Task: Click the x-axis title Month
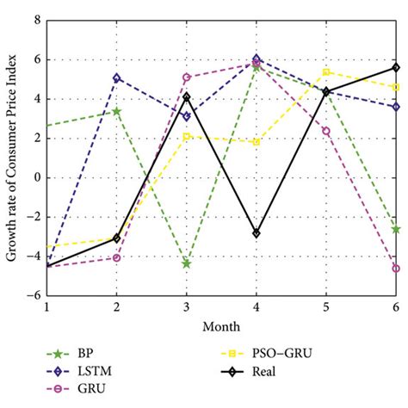point(221,326)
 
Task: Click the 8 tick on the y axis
point(34,21)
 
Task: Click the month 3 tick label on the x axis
point(186,307)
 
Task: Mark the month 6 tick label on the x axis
point(396,307)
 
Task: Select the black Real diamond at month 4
point(257,233)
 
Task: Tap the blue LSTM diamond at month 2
point(116,77)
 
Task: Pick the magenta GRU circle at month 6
point(396,269)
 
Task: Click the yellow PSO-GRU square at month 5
point(326,72)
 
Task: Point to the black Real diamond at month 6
point(396,67)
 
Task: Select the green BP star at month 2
point(116,111)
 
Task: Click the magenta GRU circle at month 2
point(116,258)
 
